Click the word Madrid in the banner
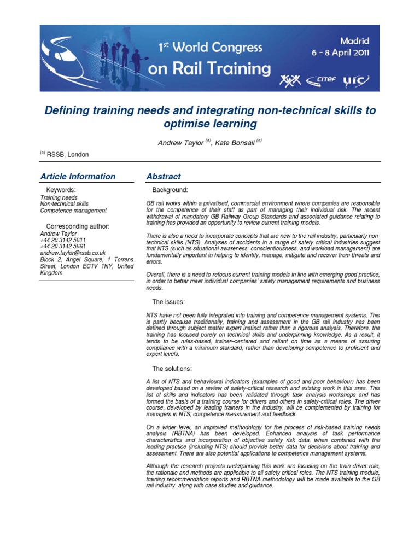(x=355, y=41)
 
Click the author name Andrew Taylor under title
(x=181, y=143)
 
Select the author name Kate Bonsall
(x=236, y=143)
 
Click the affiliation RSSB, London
(x=67, y=155)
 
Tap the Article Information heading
(x=78, y=177)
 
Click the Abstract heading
(x=163, y=177)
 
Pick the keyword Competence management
(x=73, y=211)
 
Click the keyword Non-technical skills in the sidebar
(x=64, y=204)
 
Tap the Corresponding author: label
(x=78, y=226)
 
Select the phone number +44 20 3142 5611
(x=63, y=240)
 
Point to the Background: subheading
(x=170, y=190)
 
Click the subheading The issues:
(x=169, y=302)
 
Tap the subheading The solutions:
(x=172, y=369)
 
